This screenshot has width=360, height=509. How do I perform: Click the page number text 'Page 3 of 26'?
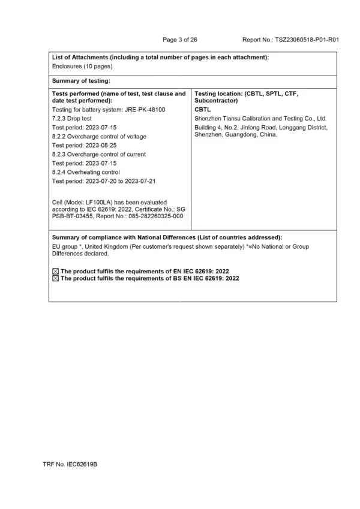point(180,40)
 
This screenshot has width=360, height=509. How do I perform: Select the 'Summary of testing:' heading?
point(81,80)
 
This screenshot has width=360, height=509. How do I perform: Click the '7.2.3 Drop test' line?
point(73,119)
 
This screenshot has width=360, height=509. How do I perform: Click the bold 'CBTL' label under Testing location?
point(203,110)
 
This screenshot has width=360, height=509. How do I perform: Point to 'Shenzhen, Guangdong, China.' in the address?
point(236,135)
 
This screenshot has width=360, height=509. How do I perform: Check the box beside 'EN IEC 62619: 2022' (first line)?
point(56,272)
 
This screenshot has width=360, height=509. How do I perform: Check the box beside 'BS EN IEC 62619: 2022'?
point(56,279)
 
